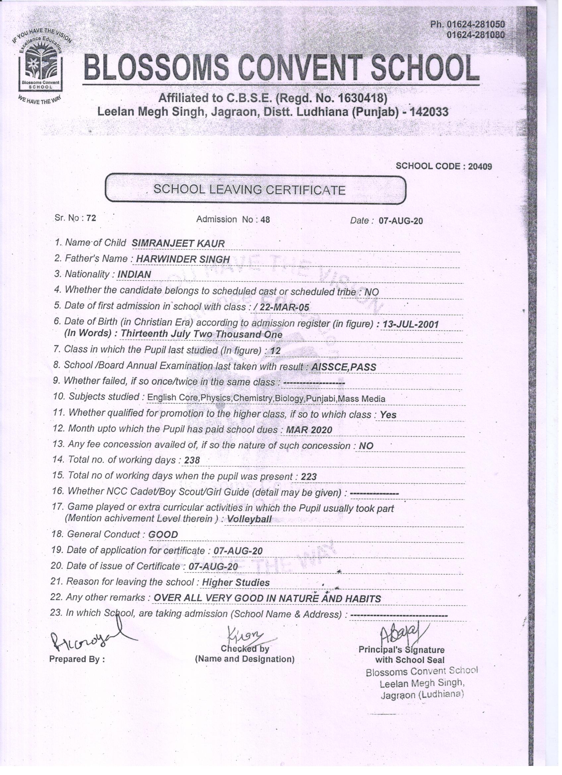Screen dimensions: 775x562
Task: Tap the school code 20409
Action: pyautogui.click(x=480, y=166)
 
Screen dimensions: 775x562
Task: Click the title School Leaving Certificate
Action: pyautogui.click(x=250, y=189)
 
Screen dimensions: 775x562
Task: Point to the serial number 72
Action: pyautogui.click(x=91, y=218)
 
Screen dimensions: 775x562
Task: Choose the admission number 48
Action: pyautogui.click(x=265, y=220)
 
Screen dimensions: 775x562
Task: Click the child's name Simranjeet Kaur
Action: pyautogui.click(x=178, y=244)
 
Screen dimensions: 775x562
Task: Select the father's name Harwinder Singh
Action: pyautogui.click(x=183, y=259)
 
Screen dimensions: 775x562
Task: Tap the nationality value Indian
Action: pyautogui.click(x=134, y=274)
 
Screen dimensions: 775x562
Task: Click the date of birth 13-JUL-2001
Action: pyautogui.click(x=410, y=324)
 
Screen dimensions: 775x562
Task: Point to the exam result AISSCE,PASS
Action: pyautogui.click(x=343, y=367)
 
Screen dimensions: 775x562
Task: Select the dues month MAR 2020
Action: pyautogui.click(x=309, y=430)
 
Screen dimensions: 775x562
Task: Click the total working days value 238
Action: pyautogui.click(x=192, y=461)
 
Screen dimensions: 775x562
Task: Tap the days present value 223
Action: pyautogui.click(x=309, y=477)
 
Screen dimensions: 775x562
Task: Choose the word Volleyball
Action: pyautogui.click(x=250, y=519)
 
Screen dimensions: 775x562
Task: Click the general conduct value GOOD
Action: pyautogui.click(x=163, y=535)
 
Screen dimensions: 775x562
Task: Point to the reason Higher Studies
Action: pyautogui.click(x=236, y=583)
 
